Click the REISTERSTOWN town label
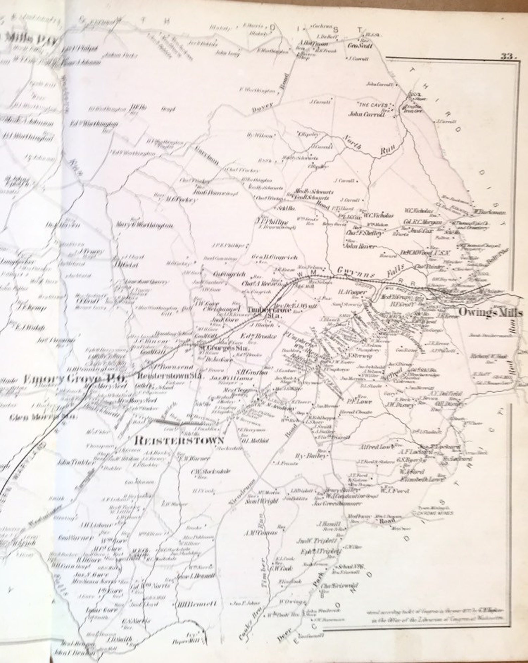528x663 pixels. pyautogui.click(x=178, y=441)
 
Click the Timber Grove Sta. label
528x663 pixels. pyautogui.click(x=264, y=311)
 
